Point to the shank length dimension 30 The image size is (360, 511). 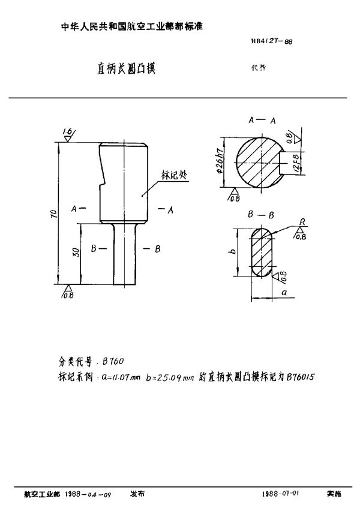pos(75,253)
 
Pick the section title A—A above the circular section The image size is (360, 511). pos(262,121)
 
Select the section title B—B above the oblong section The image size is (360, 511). pos(260,214)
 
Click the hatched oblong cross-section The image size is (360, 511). pos(262,252)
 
